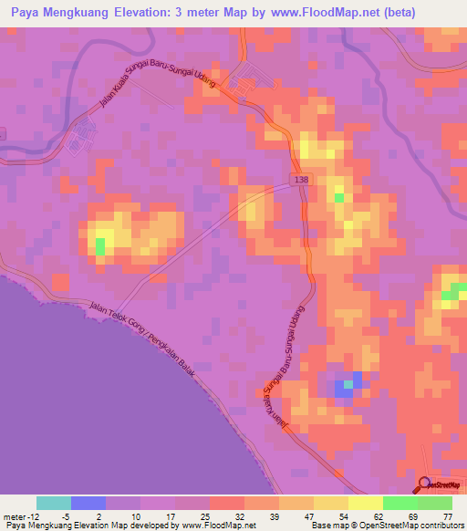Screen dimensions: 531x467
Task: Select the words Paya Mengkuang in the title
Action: (49, 13)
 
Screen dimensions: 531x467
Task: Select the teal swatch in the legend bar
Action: (54, 503)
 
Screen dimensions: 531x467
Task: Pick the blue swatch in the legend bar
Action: (88, 503)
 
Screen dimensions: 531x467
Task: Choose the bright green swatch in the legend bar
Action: (400, 503)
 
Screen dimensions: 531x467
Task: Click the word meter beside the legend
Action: (16, 515)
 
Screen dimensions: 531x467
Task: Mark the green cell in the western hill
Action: (100, 245)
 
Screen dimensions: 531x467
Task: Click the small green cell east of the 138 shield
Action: (339, 196)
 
